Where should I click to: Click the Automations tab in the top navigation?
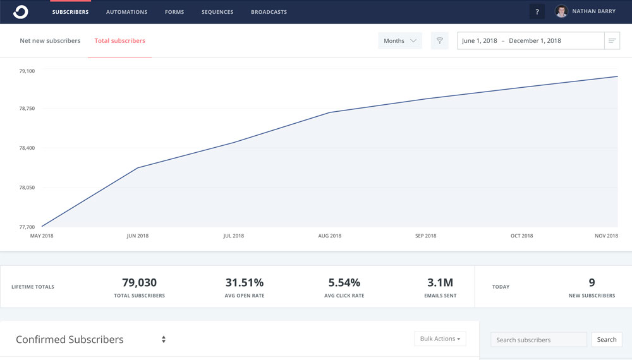coord(126,12)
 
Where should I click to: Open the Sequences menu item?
coord(217,12)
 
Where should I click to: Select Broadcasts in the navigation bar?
coord(269,12)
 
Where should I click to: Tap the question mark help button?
coord(537,12)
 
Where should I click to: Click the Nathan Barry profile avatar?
coord(561,11)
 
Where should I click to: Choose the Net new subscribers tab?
coord(50,41)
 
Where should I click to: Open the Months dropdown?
coord(400,41)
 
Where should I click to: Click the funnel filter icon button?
coord(440,41)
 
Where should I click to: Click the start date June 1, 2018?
coord(480,41)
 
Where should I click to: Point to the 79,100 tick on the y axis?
coord(27,71)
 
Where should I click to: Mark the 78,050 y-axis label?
coord(27,188)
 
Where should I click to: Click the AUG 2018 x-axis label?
coord(330,236)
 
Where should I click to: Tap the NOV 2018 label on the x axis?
coord(607,236)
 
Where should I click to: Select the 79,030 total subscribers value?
coord(139,283)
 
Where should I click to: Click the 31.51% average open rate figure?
coord(245,283)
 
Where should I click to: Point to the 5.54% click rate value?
coord(344,283)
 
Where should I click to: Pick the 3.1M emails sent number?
coord(441,283)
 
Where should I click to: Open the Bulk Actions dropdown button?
coord(440,339)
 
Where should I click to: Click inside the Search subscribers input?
coord(538,340)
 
